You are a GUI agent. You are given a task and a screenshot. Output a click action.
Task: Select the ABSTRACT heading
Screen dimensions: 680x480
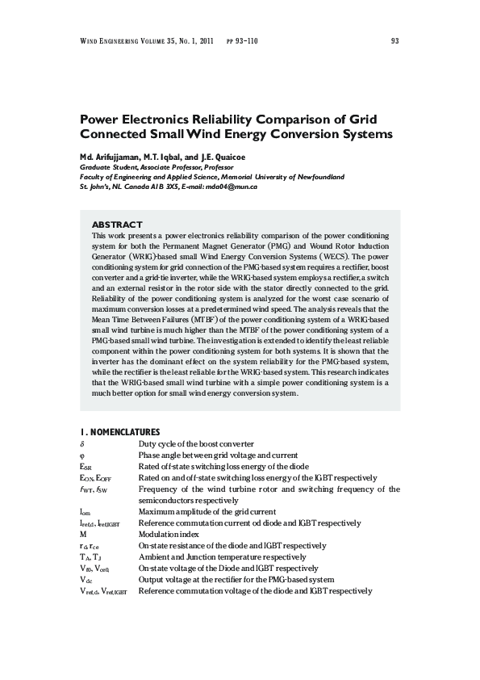(117, 225)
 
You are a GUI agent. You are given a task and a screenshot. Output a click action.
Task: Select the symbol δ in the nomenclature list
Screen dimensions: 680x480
(82, 444)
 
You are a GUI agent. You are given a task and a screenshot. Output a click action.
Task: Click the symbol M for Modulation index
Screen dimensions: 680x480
(83, 535)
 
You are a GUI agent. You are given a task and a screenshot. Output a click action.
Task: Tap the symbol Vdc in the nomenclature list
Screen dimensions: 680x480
(86, 580)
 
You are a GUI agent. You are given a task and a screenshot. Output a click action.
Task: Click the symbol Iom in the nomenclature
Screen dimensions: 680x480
(86, 512)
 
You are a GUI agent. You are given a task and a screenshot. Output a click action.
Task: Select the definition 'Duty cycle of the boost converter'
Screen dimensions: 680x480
(196, 444)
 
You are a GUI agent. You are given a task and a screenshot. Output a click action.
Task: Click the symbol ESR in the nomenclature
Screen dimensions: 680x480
(86, 467)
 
